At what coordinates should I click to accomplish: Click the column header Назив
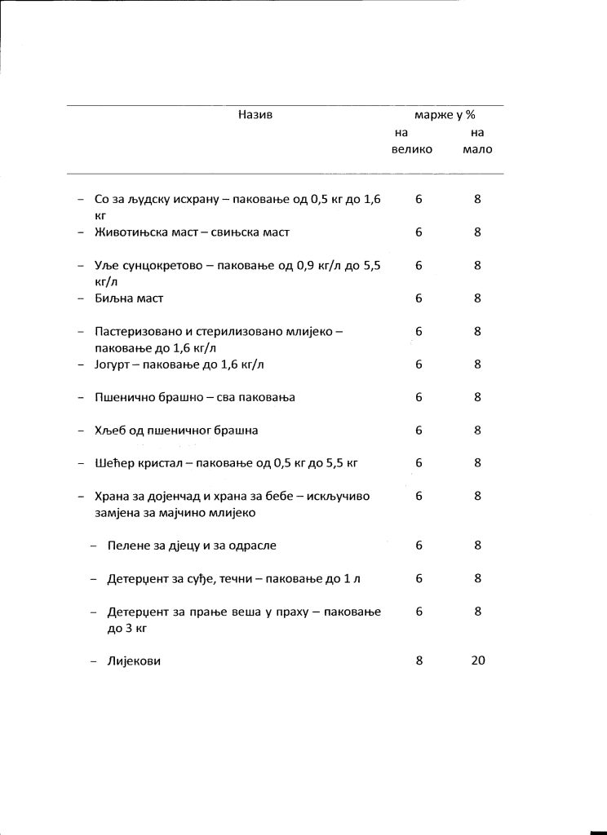255,115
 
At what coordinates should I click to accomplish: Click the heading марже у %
445,115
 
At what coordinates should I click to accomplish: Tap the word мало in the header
477,149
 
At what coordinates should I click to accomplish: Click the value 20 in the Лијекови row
478,660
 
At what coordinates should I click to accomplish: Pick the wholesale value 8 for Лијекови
419,660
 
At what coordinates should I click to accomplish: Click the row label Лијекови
134,661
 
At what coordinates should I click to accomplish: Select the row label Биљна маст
129,298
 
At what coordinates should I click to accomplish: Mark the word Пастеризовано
137,332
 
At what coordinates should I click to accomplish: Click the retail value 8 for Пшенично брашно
477,397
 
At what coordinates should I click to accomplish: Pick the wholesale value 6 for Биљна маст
419,298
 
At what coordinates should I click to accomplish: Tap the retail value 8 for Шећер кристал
477,463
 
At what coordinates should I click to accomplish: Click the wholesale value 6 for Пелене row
419,545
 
